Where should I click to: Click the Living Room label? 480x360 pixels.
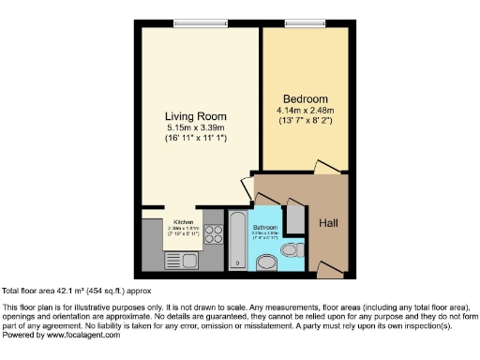point(194,116)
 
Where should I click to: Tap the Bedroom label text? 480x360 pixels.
point(306,99)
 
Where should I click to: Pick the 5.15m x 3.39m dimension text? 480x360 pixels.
point(194,127)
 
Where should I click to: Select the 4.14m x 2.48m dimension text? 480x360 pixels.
point(306,111)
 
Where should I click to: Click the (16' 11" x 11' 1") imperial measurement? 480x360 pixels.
point(194,139)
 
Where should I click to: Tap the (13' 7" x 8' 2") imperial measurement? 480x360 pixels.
point(306,122)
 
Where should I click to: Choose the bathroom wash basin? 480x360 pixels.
point(267,263)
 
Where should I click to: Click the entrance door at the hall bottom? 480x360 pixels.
point(323,253)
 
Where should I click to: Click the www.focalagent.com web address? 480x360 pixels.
point(83,335)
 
